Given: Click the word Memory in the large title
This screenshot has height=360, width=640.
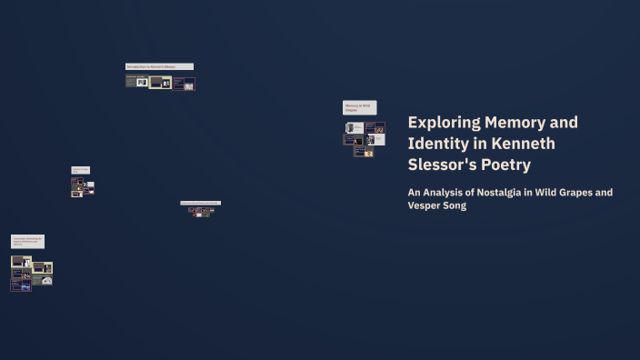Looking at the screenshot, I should [516, 123].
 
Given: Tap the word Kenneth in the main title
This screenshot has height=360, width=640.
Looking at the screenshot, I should [523, 144].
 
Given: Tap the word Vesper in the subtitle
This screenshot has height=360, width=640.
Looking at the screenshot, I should [426, 205].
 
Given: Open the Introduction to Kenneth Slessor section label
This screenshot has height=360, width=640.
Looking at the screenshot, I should [159, 66].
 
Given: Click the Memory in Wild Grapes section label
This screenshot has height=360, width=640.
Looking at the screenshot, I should [359, 107].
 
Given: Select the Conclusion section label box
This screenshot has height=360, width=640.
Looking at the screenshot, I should [27, 241].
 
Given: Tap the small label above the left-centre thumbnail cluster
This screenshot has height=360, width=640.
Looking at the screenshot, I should [80, 170].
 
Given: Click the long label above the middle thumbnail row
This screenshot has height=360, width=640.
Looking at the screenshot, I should [200, 203].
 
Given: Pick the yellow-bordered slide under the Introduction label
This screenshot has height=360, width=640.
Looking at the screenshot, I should [160, 82].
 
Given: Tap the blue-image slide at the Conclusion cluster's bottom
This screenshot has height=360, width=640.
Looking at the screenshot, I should [21, 285].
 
